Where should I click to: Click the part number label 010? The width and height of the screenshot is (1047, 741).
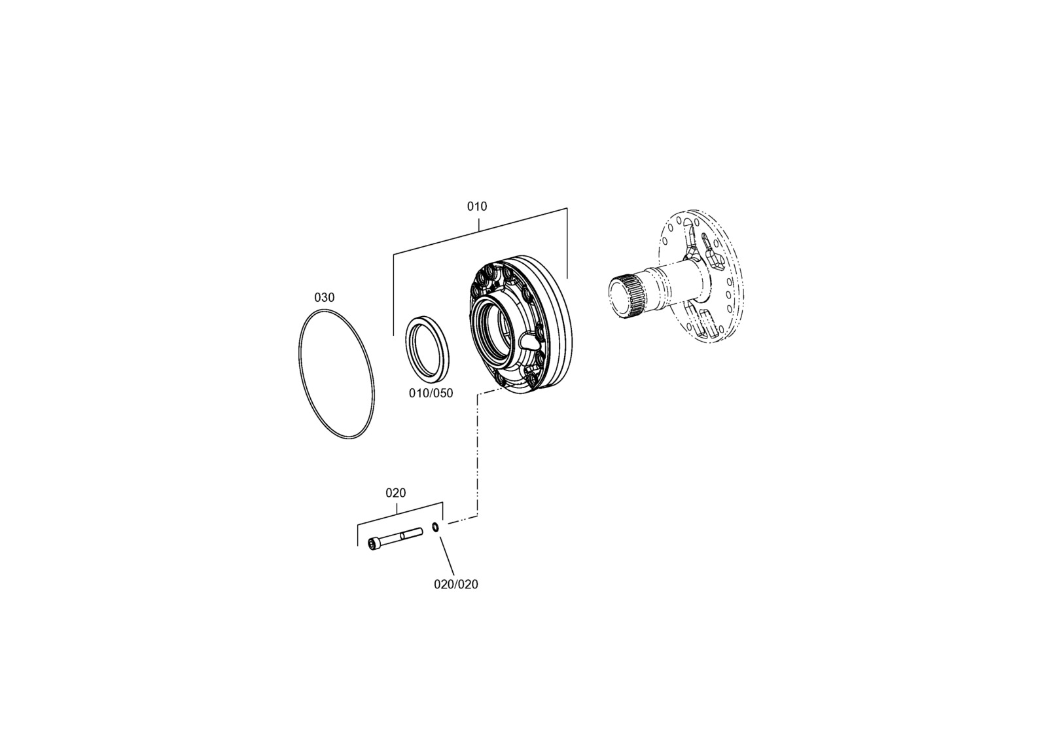click(477, 206)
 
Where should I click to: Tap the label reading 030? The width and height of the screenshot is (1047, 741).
click(324, 297)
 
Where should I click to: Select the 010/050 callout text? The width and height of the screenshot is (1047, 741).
click(431, 393)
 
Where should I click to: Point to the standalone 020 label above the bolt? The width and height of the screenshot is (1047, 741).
click(395, 493)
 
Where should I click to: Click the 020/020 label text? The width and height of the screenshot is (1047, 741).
click(455, 585)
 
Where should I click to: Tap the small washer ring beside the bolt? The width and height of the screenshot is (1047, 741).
click(435, 527)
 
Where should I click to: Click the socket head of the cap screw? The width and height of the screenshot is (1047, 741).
click(374, 544)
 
